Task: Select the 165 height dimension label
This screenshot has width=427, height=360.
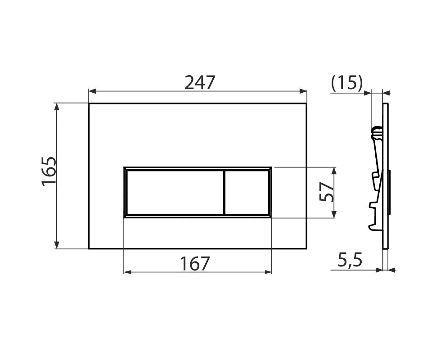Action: coord(49,171)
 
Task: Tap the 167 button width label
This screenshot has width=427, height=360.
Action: coord(195,263)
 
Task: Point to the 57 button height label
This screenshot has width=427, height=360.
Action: coord(327,192)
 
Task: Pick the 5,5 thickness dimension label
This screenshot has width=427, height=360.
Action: coord(350,260)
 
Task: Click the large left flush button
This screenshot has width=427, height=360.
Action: coord(175,192)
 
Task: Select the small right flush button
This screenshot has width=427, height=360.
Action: coord(247,192)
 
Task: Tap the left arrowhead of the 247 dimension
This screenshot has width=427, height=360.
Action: coord(93,91)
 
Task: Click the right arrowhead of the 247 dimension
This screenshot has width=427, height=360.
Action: coord(303,91)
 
